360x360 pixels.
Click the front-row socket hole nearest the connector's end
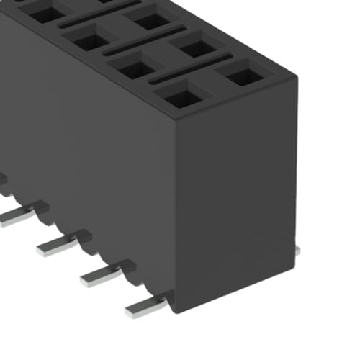179,94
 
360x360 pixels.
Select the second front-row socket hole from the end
135,69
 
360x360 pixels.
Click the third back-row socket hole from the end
151,21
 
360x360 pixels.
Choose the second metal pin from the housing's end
101,274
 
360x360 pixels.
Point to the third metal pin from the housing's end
58,245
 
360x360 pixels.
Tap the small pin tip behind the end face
297,248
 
